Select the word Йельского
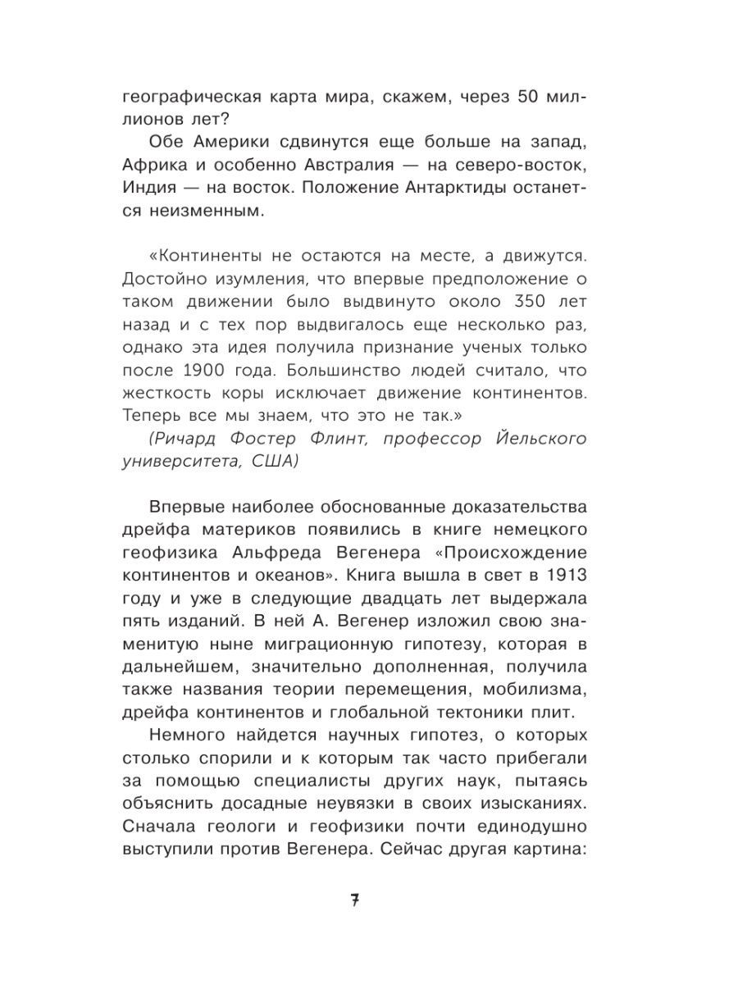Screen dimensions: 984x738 535,439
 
